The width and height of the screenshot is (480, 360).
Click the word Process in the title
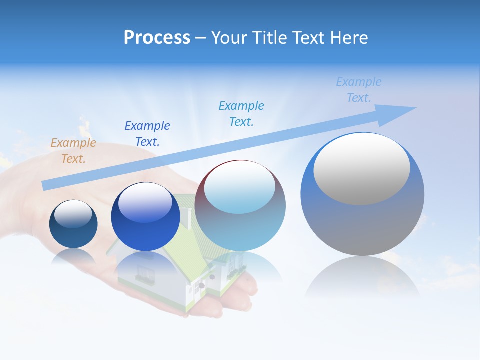click(x=157, y=37)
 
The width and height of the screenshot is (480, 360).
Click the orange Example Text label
click(x=73, y=151)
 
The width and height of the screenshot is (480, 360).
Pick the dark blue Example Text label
click(x=147, y=134)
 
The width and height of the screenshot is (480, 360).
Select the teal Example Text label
click(x=241, y=114)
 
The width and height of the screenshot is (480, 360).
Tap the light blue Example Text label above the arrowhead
click(x=358, y=90)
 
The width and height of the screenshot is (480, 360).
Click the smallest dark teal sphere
click(x=73, y=235)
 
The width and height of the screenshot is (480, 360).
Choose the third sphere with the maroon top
click(x=240, y=225)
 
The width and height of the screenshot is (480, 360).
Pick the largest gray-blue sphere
click(x=362, y=225)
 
